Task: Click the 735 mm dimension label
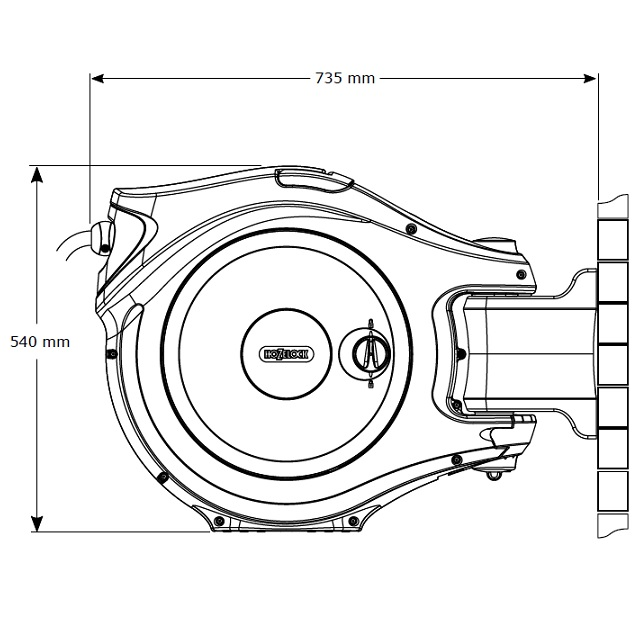[x=345, y=78]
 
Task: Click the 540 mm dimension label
[x=40, y=341]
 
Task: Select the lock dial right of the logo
[x=369, y=351]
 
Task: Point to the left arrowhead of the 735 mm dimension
[x=97, y=77]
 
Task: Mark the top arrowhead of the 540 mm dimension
[x=38, y=173]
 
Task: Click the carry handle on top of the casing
[x=313, y=180]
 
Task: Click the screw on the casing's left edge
[x=111, y=352]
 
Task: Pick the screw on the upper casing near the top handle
[x=411, y=229]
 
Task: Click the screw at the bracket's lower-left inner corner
[x=457, y=402]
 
